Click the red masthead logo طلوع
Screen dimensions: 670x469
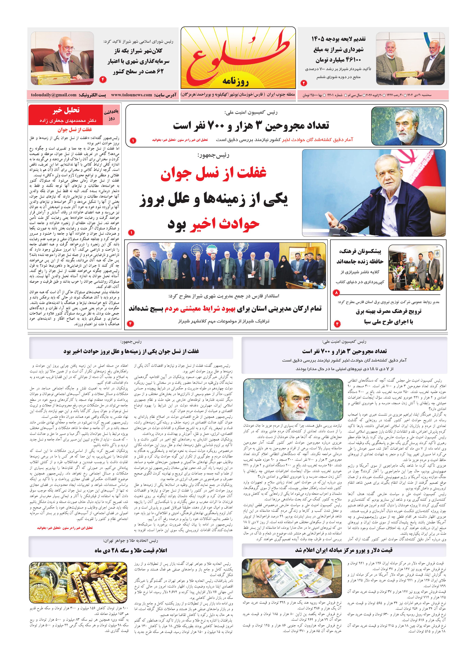[238, 57]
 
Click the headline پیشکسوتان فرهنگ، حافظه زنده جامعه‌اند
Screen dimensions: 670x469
[360, 256]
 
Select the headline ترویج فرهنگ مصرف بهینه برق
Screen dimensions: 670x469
[388, 311]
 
